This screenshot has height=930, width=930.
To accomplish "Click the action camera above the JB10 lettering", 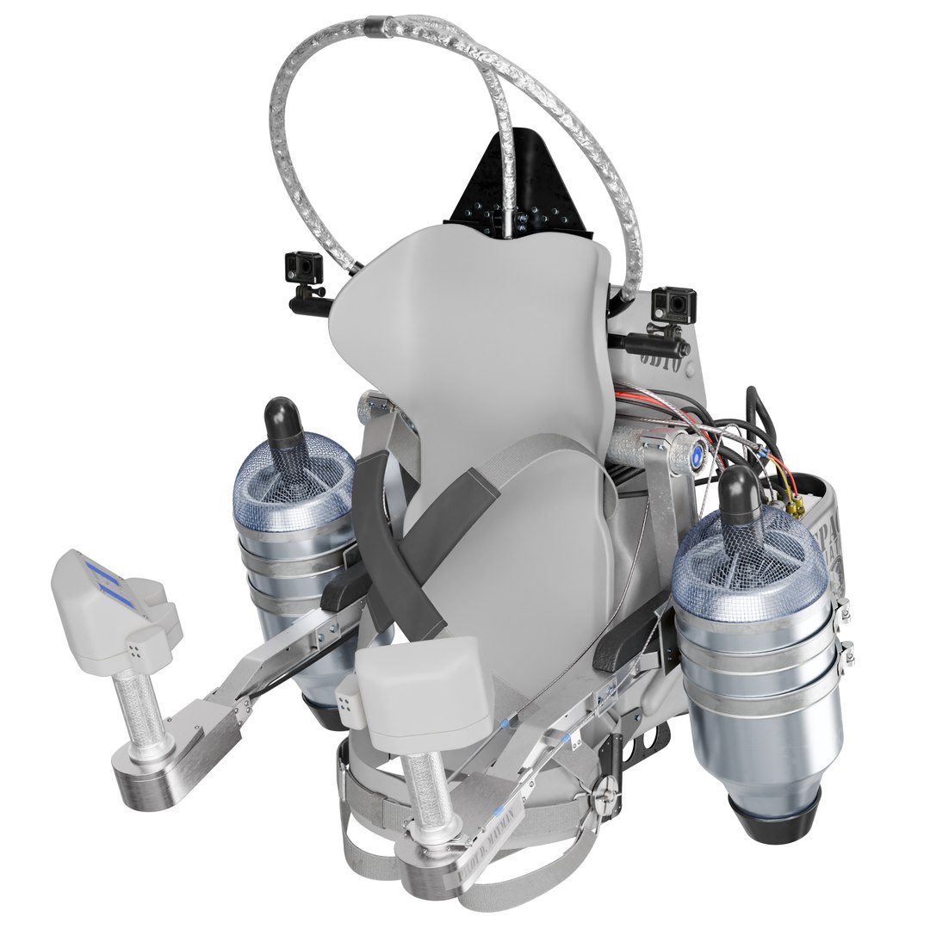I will pyautogui.click(x=673, y=303).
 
